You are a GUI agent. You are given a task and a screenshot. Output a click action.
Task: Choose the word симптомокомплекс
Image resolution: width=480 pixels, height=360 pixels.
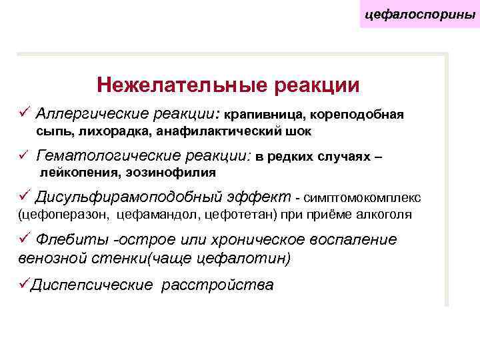363,198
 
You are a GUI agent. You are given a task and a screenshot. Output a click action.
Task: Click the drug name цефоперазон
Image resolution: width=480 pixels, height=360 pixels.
67,215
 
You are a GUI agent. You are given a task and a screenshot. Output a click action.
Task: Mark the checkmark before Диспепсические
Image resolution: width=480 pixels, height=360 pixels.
25,284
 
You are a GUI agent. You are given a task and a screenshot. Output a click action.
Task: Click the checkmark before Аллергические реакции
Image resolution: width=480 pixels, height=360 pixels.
25,111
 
